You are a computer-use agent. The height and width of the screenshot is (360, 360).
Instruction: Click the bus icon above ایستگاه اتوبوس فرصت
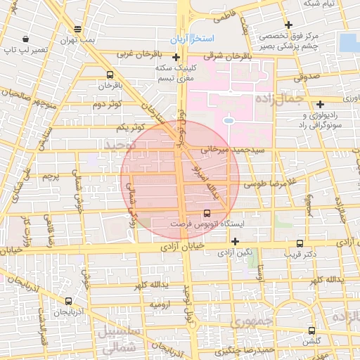[x=207, y=212]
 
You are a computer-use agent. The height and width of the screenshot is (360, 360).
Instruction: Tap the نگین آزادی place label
[x=255, y=252]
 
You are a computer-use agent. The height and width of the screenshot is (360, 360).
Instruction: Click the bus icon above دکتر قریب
[x=301, y=243]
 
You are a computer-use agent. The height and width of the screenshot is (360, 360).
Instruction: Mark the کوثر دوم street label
[x=108, y=105]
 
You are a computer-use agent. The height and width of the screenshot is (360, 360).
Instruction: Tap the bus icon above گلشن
[x=311, y=330]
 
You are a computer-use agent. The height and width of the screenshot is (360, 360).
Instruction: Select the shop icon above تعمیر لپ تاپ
[x=26, y=39]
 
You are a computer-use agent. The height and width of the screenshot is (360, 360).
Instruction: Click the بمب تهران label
[x=77, y=40]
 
